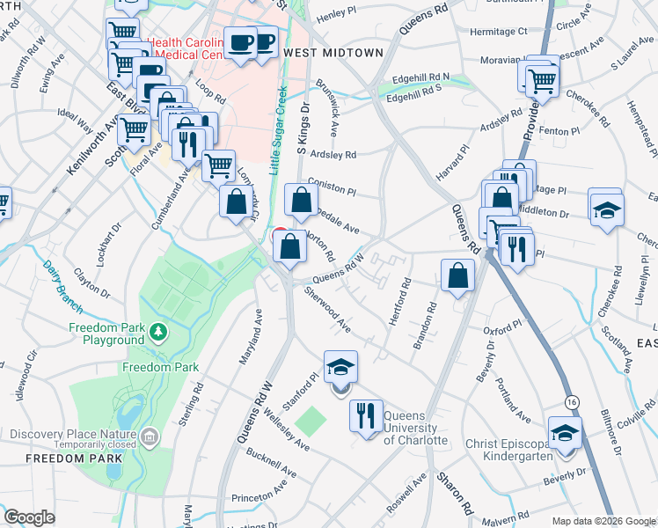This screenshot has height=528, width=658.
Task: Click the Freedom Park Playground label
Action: (106, 334)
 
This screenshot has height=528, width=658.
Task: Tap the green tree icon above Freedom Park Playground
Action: (157, 332)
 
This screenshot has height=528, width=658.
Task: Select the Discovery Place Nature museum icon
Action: (150, 435)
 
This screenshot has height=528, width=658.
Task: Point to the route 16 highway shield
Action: (572, 400)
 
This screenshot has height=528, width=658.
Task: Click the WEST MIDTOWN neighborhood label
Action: (333, 53)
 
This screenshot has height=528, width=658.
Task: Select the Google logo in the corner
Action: (29, 517)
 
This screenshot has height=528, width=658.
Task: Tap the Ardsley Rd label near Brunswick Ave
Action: (338, 155)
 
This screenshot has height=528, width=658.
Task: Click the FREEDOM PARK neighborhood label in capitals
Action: (61, 458)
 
